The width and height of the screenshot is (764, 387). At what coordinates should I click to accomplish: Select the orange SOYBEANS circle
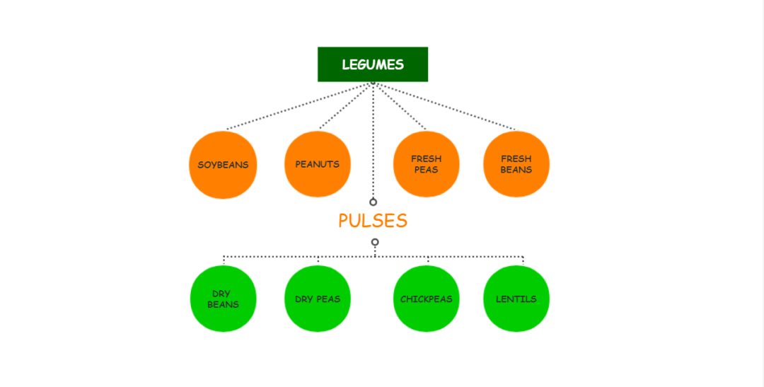click(223, 165)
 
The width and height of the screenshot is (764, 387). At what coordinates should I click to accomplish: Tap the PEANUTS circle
click(318, 164)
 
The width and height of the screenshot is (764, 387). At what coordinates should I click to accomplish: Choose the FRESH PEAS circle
click(426, 164)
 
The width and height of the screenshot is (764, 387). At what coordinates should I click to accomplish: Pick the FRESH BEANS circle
click(516, 164)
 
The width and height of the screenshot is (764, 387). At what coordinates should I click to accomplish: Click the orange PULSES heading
click(373, 221)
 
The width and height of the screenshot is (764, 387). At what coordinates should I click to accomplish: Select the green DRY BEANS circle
click(223, 299)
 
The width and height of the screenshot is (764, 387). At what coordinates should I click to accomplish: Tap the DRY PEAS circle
click(318, 299)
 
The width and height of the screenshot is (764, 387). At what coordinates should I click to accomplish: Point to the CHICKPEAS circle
click(426, 299)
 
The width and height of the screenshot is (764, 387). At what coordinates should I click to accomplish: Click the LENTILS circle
click(516, 299)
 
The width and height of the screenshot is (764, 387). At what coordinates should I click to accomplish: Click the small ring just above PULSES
click(373, 202)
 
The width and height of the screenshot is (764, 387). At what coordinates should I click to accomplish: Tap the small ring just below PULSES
click(374, 242)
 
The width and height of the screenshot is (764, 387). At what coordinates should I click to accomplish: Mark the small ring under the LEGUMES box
click(373, 83)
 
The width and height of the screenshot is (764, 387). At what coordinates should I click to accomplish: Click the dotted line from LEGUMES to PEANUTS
click(346, 106)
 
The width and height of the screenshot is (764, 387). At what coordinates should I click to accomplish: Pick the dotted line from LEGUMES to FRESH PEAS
click(400, 106)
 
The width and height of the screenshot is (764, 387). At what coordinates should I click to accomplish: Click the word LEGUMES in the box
click(373, 64)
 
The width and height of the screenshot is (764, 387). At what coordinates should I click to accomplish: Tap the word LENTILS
click(516, 299)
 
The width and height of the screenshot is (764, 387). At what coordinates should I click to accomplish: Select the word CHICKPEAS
click(426, 299)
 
